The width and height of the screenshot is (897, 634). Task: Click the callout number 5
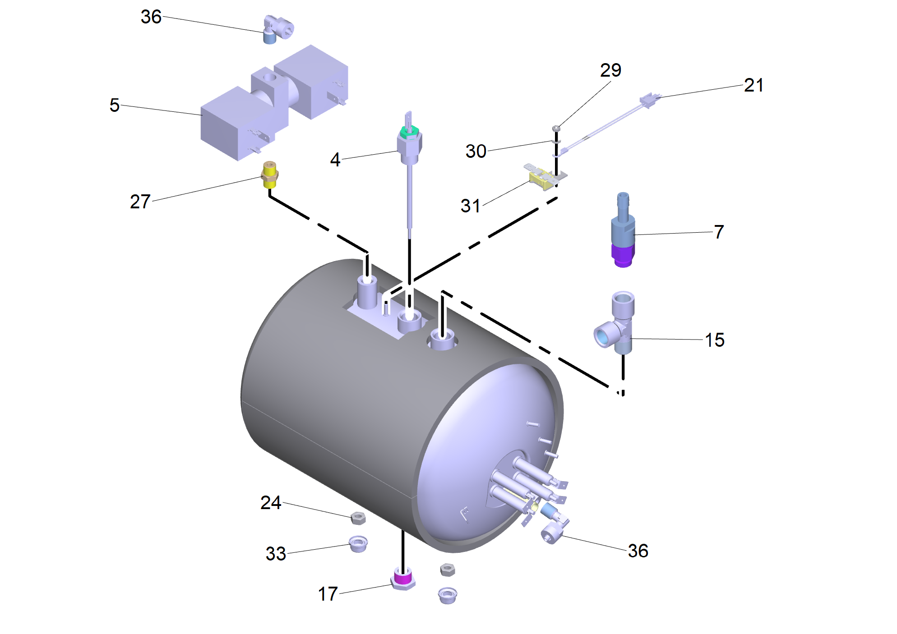click(115, 105)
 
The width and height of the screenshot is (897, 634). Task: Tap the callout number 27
click(140, 202)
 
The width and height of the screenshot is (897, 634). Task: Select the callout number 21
click(754, 85)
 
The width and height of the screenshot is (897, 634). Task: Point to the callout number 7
click(719, 232)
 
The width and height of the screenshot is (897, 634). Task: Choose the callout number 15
click(715, 340)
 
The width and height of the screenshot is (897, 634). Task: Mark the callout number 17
click(328, 594)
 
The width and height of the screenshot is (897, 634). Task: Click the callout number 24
click(271, 502)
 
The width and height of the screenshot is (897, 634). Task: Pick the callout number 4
click(335, 159)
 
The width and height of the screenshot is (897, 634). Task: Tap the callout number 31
click(470, 206)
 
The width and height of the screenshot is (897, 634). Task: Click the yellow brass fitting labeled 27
click(269, 174)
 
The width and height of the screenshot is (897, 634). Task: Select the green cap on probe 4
click(409, 132)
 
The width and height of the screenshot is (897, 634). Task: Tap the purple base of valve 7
click(623, 255)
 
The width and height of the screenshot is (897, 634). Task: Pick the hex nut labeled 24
click(358, 518)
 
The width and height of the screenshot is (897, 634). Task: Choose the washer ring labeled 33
click(358, 543)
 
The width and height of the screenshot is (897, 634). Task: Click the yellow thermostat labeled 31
click(543, 178)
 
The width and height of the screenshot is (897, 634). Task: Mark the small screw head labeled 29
click(556, 129)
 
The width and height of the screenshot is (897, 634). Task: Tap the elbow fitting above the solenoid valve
click(277, 29)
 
